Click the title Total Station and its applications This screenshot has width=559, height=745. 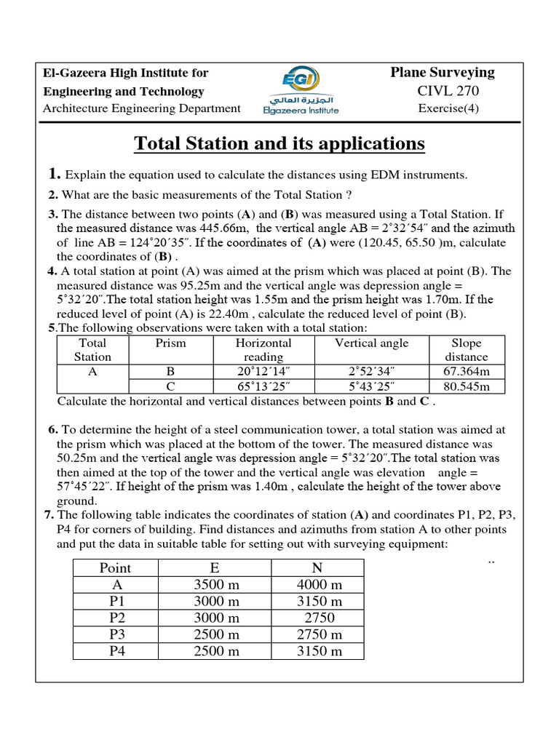[x=279, y=144]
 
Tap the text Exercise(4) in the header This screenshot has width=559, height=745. [x=448, y=109]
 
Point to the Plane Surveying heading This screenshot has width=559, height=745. [x=443, y=72]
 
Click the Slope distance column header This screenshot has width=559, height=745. [x=467, y=350]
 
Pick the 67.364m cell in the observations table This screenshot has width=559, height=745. [x=467, y=371]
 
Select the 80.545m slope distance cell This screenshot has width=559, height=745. [x=467, y=386]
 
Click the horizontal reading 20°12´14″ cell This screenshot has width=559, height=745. [x=263, y=371]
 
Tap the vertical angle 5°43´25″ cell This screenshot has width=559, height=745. [x=371, y=386]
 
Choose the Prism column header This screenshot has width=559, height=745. [x=171, y=343]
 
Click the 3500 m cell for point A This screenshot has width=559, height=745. [x=216, y=585]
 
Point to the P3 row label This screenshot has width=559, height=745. [x=118, y=634]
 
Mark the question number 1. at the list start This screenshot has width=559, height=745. [x=54, y=174]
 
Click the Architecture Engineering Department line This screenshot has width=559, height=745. [x=142, y=109]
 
